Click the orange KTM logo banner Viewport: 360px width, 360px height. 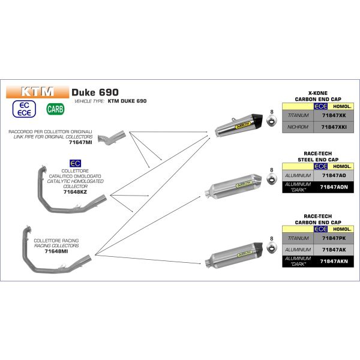point(37,92)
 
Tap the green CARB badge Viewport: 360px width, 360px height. point(55,109)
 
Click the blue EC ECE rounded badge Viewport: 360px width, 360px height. point(24,109)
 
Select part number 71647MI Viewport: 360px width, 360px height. point(80,142)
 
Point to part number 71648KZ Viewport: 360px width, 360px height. point(75,192)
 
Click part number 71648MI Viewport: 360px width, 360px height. point(56,251)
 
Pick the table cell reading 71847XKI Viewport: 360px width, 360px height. point(334,127)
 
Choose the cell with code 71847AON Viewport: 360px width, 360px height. point(334,187)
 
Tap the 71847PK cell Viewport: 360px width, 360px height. point(334,238)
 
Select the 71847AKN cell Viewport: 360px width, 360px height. point(334,261)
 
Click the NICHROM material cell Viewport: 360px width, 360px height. point(298,127)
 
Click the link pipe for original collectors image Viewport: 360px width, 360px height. point(112,137)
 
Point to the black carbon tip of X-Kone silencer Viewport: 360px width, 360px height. point(257,120)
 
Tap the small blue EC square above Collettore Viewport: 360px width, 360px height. point(75,163)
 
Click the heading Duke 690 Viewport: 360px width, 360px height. point(95,92)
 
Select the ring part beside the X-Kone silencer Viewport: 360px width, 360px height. point(272,121)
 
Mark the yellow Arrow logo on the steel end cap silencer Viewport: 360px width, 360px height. point(244,184)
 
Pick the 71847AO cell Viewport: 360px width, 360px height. point(334,176)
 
